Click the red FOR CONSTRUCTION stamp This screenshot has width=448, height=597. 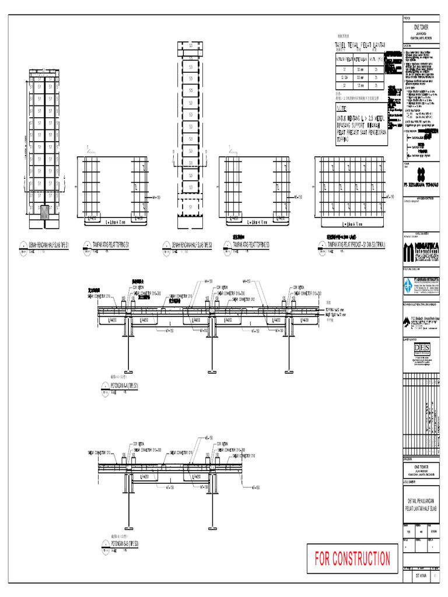(352, 559)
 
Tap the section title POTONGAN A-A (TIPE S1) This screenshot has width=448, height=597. (125, 385)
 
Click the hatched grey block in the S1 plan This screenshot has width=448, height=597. (45, 211)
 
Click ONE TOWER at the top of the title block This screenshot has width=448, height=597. (420, 27)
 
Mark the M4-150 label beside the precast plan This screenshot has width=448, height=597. (392, 197)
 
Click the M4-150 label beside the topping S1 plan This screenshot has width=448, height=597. (156, 198)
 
